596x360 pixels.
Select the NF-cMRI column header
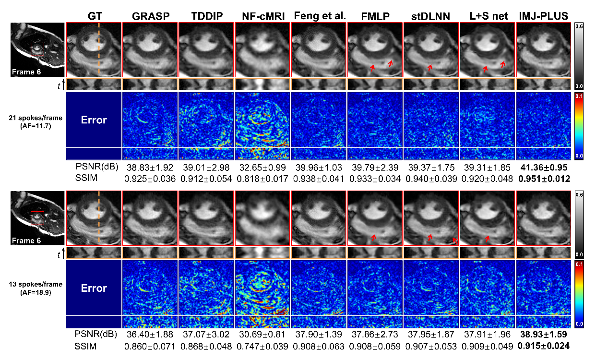[262, 16]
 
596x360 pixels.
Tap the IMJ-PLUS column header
[543, 16]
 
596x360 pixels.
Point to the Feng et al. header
[318, 16]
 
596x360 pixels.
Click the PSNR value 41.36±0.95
[543, 167]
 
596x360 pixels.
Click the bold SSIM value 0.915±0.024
[543, 345]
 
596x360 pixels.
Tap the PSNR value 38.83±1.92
[150, 167]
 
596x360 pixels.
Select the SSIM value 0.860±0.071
[150, 345]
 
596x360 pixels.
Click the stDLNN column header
[430, 16]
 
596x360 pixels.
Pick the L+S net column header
[487, 16]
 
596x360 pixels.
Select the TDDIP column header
[206, 16]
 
